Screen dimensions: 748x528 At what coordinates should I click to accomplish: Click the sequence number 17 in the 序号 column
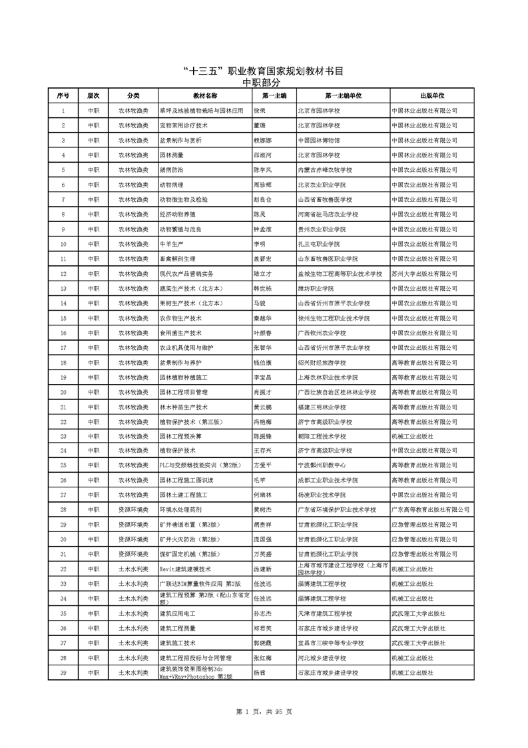click(x=63, y=347)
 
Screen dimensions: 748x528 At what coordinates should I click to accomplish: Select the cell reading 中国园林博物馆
click(x=319, y=141)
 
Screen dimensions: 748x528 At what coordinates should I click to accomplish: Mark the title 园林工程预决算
click(x=180, y=436)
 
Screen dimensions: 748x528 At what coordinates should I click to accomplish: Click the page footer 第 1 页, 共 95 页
click(x=264, y=712)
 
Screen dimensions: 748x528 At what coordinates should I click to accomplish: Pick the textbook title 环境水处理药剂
click(x=180, y=509)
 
